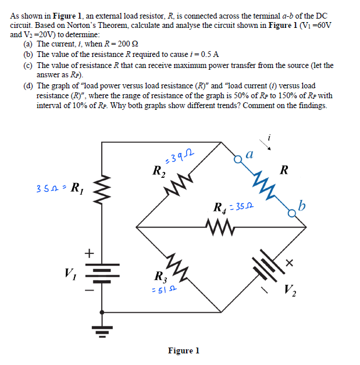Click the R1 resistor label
tap(75, 188)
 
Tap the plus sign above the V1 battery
tap(89, 253)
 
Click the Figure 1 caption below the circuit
tap(184, 350)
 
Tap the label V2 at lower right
tap(291, 290)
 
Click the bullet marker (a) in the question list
tap(27, 44)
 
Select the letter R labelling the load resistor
tap(283, 170)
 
